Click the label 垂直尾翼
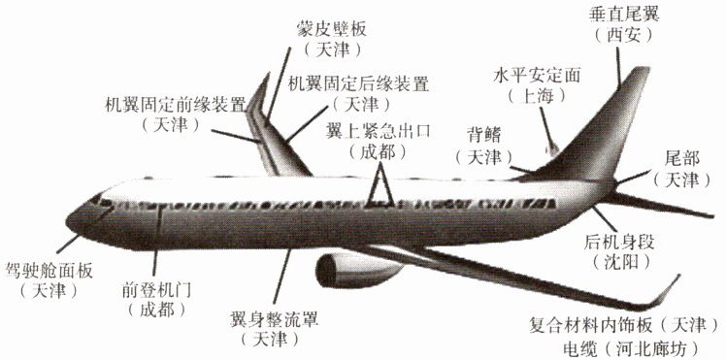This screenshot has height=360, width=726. (624, 15)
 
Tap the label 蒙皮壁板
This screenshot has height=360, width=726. (332, 30)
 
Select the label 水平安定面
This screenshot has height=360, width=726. (536, 76)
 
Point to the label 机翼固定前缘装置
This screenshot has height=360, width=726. (175, 105)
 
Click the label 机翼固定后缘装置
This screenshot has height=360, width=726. (358, 83)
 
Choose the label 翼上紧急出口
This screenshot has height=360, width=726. (378, 131)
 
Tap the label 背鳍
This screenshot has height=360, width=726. (484, 138)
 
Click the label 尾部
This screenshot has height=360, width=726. (681, 159)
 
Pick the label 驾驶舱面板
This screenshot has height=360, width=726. (49, 270)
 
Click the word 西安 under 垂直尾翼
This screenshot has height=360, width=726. (624, 35)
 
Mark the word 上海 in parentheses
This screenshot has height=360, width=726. (537, 96)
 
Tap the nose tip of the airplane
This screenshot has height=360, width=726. (68, 221)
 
